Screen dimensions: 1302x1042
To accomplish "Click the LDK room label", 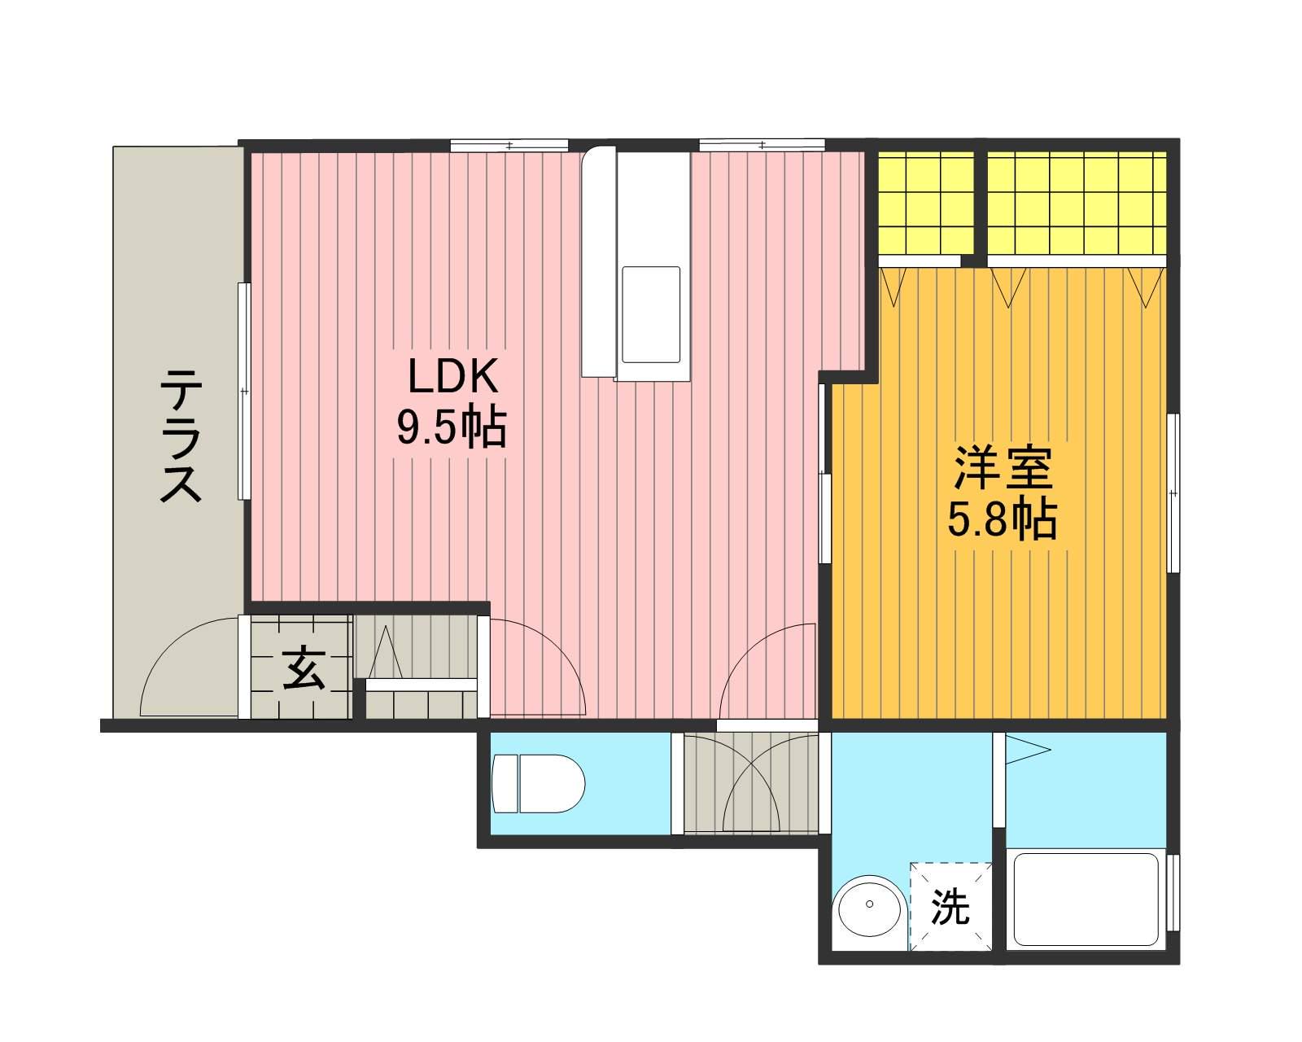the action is [453, 376].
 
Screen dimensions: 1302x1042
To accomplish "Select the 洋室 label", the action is [1003, 468].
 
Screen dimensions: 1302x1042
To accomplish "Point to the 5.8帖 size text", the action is [1002, 519].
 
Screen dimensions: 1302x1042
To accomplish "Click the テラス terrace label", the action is [181, 436].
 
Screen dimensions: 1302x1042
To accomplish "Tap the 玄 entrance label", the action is [304, 668].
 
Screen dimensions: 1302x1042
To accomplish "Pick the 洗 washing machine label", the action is [950, 907].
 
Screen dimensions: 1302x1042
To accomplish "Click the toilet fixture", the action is [538, 783].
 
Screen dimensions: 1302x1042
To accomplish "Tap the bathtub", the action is [1086, 900].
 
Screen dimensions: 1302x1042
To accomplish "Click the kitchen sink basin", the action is [651, 315].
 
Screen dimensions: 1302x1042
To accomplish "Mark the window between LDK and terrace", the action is [244, 391].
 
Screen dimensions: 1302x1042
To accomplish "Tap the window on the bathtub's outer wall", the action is [1173, 892].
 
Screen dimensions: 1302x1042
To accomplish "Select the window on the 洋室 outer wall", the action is [1173, 493].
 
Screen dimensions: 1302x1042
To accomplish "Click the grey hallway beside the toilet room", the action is [751, 783].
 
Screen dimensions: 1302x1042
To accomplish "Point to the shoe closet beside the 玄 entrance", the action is [421, 667].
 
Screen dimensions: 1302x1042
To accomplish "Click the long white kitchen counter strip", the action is [598, 261].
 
